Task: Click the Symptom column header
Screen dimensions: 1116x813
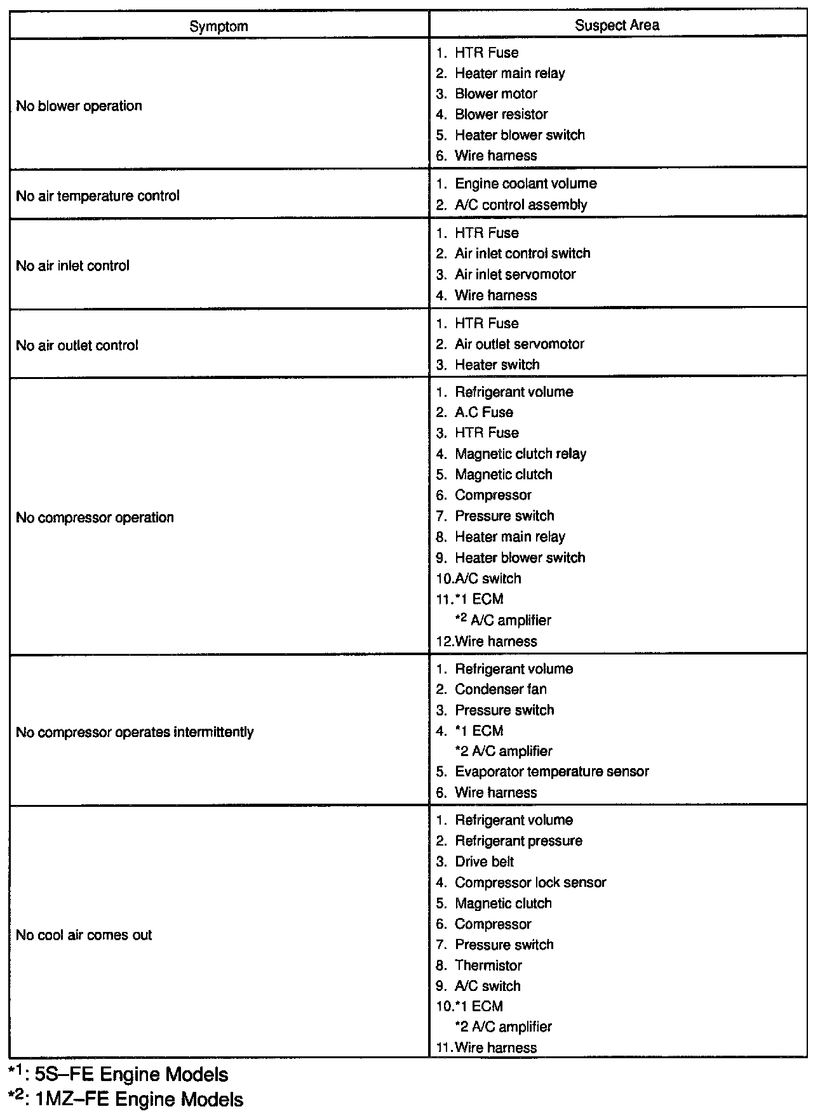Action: click(218, 26)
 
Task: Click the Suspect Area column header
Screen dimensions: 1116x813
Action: click(617, 25)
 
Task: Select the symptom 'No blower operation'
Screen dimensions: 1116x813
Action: click(79, 106)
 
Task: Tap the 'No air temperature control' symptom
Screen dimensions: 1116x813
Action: click(98, 196)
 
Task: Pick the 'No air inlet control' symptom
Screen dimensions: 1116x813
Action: click(72, 266)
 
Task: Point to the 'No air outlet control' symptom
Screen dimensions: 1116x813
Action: click(77, 346)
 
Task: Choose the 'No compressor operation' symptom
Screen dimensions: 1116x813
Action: click(95, 518)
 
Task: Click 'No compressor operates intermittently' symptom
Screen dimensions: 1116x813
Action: click(135, 733)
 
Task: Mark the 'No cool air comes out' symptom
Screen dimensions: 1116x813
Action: click(84, 935)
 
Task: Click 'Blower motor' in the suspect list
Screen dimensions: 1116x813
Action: click(495, 94)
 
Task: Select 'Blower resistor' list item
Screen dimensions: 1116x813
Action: click(501, 115)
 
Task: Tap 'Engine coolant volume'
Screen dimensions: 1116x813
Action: click(525, 184)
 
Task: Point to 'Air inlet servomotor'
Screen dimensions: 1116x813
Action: click(514, 275)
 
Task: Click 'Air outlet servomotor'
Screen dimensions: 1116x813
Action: click(519, 344)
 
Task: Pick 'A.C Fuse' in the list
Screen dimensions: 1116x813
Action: click(483, 413)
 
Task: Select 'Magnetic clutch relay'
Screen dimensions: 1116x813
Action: click(520, 454)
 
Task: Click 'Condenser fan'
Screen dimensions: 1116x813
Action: click(501, 689)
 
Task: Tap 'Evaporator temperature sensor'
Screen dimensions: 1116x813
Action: click(551, 772)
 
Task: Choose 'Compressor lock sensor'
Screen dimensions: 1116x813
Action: click(530, 883)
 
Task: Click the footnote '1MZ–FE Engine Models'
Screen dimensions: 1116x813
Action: click(138, 1099)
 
